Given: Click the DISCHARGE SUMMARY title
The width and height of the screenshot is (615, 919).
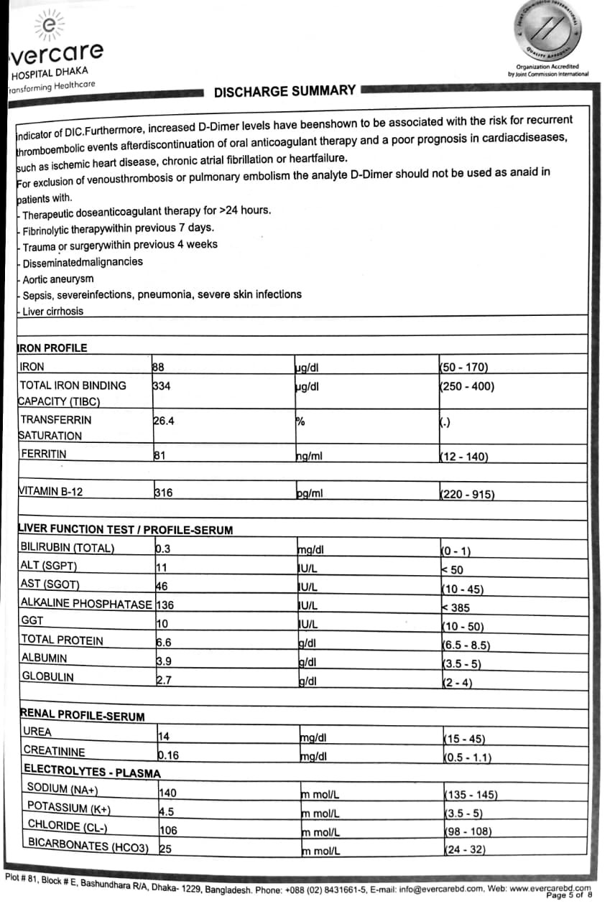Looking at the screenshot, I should click(285, 91).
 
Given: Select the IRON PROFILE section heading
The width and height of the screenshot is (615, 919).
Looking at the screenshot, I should click(52, 347).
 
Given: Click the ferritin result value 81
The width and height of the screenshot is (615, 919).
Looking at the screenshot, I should click(159, 454).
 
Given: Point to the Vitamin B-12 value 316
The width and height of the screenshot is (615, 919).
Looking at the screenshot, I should click(163, 493).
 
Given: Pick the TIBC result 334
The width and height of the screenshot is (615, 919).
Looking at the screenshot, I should click(162, 386).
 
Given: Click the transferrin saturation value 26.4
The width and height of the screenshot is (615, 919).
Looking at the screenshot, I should click(164, 421).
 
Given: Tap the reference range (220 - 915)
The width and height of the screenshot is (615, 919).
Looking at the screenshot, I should click(467, 494).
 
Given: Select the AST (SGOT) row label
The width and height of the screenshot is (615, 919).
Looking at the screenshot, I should click(50, 584).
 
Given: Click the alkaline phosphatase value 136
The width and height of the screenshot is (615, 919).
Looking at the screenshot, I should click(165, 605).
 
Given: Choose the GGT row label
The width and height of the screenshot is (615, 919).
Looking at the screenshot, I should click(32, 620).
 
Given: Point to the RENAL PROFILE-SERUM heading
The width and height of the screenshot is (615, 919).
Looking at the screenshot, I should click(83, 716).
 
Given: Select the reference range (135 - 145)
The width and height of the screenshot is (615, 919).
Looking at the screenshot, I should click(471, 795).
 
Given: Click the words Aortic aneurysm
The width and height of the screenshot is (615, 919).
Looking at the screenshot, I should click(58, 279).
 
